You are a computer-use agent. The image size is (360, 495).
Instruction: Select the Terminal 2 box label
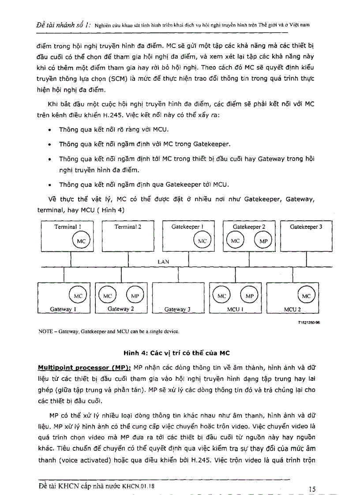[128, 227]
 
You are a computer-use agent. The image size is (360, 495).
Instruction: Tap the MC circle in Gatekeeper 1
[202, 241]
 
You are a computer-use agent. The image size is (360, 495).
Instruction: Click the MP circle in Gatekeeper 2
[263, 241]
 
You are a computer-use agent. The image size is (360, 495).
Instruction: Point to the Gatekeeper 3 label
[306, 227]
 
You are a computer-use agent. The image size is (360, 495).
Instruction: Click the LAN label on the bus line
[163, 261]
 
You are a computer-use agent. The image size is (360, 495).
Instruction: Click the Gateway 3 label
[177, 309]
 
